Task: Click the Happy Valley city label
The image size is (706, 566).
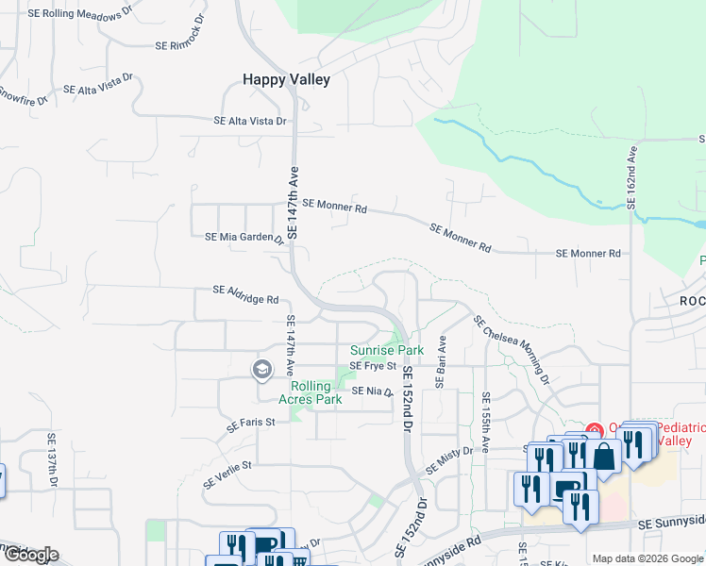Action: point(286,80)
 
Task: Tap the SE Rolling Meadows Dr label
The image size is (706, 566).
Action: point(81,14)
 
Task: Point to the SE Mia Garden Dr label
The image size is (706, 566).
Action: point(244,238)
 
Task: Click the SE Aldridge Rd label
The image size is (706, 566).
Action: point(245,294)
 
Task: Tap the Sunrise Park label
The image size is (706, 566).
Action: point(387,350)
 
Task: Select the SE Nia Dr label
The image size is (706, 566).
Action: point(371,391)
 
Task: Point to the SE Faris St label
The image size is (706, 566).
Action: point(250,424)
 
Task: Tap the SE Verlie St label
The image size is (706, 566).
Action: point(228,473)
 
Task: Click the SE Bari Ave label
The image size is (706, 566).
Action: point(441,361)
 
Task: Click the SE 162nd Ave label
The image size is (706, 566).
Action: point(632,177)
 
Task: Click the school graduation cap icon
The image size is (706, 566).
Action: point(261,370)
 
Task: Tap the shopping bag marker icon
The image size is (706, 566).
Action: point(605,457)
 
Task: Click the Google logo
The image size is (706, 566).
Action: point(30,555)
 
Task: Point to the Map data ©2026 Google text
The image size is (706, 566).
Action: point(647,558)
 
